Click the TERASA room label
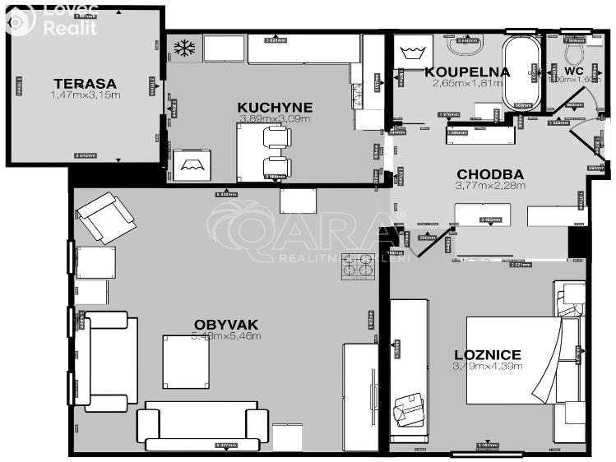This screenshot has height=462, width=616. tap(85, 83)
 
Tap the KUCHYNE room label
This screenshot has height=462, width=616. tap(275, 107)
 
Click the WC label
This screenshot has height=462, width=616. tap(574, 72)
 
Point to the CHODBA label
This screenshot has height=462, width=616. tap(489, 174)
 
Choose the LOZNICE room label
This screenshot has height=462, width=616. tap(488, 355)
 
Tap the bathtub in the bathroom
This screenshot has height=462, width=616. tap(521, 72)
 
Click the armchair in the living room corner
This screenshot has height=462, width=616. tap(105, 217)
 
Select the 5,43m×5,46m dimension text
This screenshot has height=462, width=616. tap(226, 335)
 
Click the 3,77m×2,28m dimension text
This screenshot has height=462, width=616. tap(489, 186)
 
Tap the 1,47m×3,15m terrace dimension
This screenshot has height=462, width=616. tap(85, 95)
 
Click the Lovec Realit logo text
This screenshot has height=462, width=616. tap(69, 20)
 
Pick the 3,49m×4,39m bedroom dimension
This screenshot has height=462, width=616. tap(488, 367)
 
